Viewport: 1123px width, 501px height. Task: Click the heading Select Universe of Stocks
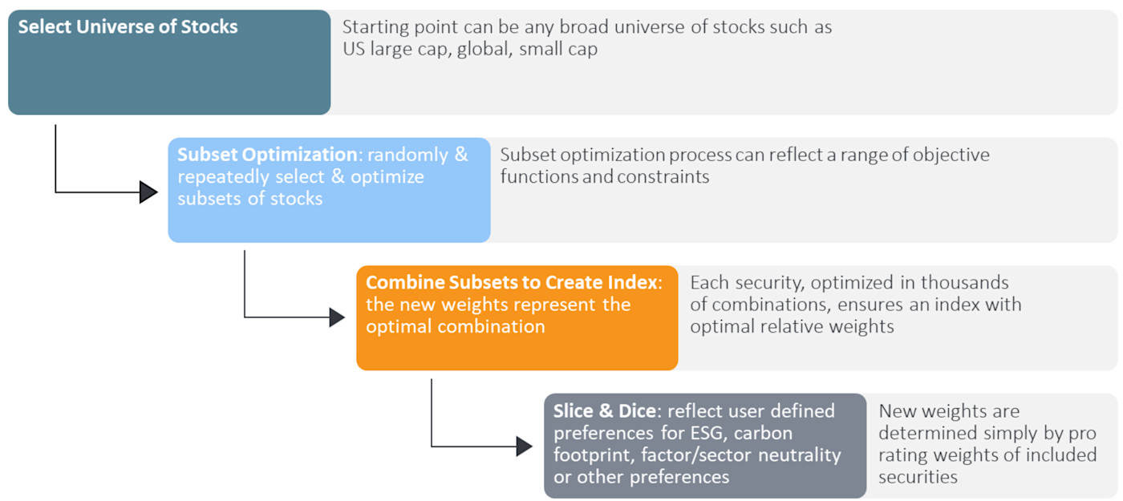(x=128, y=26)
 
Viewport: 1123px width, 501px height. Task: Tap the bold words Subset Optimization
(x=266, y=154)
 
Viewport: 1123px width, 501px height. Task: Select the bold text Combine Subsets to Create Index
(x=511, y=282)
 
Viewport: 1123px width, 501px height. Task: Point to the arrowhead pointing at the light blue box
(x=148, y=192)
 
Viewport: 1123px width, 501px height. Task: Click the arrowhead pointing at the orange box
(x=337, y=317)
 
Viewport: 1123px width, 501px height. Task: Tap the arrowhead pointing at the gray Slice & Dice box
(x=524, y=446)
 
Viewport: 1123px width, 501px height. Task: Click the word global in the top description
(x=484, y=49)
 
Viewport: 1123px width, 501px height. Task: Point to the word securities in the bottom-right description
(x=918, y=477)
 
